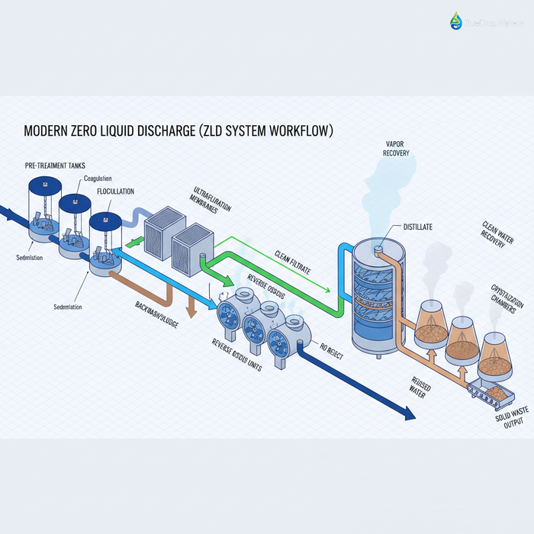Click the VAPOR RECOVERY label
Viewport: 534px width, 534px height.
pyautogui.click(x=397, y=148)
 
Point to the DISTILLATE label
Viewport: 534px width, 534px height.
pyautogui.click(x=417, y=227)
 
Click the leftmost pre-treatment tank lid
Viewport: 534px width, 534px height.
pyautogui.click(x=44, y=185)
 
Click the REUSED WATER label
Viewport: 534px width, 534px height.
pyautogui.click(x=421, y=388)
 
